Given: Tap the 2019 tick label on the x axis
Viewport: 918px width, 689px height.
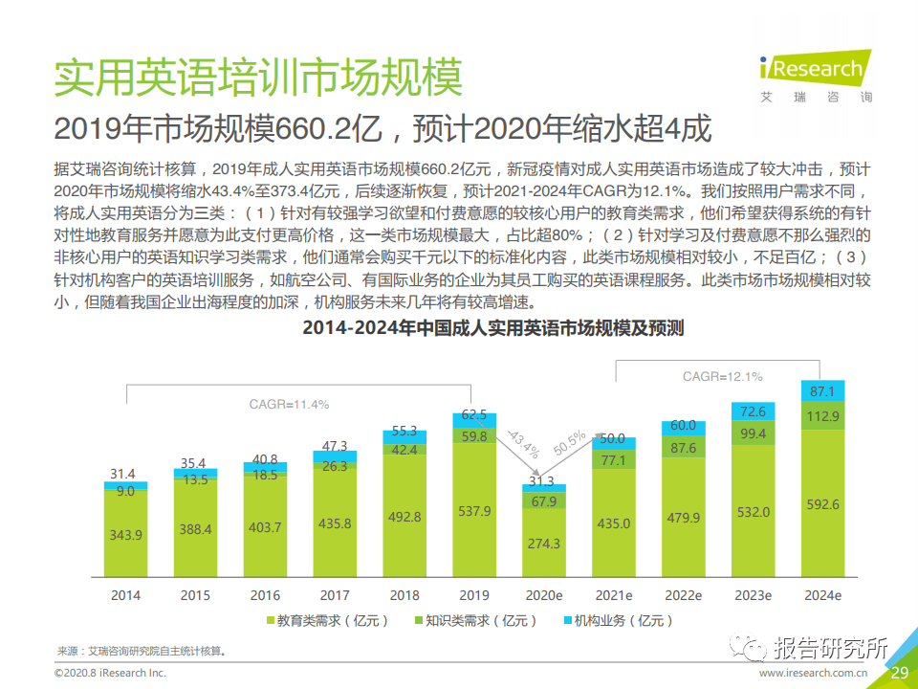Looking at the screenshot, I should coord(473,595).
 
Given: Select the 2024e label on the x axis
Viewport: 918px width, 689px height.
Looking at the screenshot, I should coord(823,595).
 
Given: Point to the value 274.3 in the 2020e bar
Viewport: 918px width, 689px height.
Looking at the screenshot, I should coord(543,544).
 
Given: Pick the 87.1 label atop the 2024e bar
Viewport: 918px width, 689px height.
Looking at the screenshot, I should coord(823,391).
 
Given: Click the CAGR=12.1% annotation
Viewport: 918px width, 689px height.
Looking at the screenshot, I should coord(722,376).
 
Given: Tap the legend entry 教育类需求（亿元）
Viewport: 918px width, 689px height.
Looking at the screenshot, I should coord(326,621).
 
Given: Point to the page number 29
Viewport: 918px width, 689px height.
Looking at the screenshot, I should coord(899,674).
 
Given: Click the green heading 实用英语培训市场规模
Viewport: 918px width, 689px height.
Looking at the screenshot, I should coord(258,77).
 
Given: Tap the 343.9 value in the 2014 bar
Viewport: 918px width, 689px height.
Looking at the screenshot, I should coord(125,535).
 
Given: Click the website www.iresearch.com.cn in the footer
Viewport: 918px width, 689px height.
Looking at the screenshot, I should coord(814,674).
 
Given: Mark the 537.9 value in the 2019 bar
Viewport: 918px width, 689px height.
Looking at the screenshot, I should coord(473,511).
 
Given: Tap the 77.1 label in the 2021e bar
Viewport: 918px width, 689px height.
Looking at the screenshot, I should coord(613,460).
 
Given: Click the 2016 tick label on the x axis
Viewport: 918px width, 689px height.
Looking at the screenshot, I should coord(265,595).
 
